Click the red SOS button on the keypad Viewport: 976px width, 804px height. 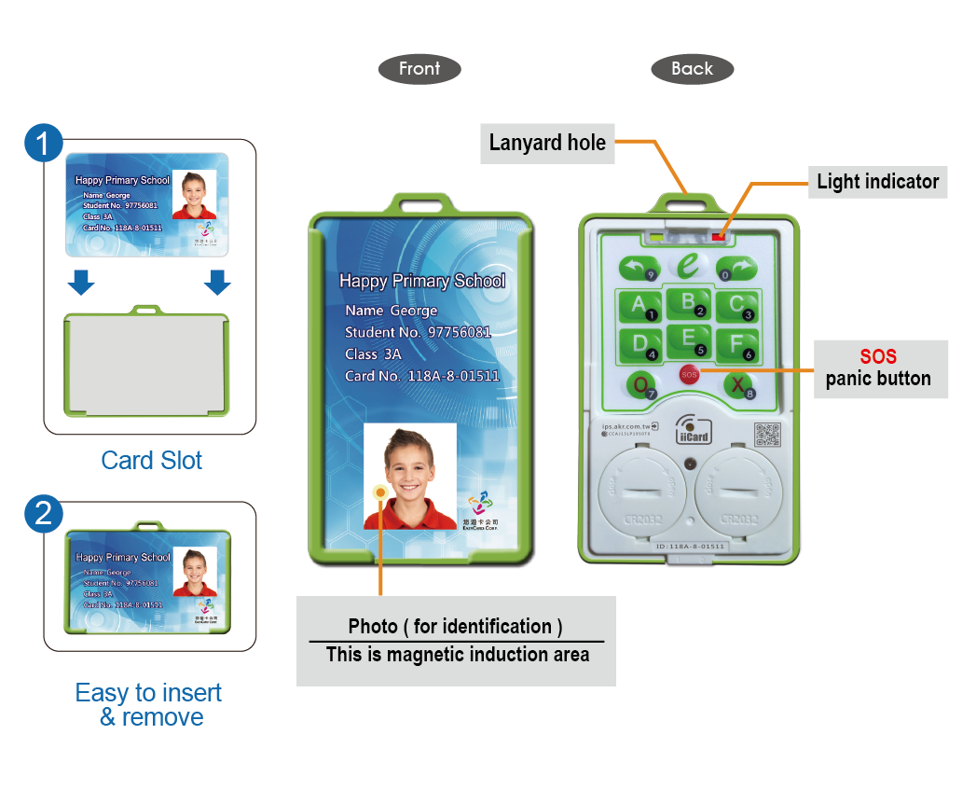click(x=689, y=374)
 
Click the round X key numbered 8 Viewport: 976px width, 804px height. click(x=738, y=384)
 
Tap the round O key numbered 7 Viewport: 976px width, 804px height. click(x=639, y=384)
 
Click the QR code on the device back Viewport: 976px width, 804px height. click(x=766, y=434)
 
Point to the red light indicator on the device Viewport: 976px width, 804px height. click(x=719, y=236)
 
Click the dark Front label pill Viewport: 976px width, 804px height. click(x=419, y=68)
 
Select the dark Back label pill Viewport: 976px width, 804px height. click(x=692, y=68)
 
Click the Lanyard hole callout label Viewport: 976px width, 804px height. click(x=547, y=143)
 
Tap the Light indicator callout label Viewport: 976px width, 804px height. click(x=877, y=181)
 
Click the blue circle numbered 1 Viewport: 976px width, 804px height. click(x=43, y=144)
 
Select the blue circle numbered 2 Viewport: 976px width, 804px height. click(x=43, y=514)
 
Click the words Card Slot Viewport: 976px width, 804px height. click(x=151, y=460)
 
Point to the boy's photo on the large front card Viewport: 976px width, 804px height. click(x=410, y=475)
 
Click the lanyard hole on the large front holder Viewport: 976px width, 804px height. click(x=420, y=202)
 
